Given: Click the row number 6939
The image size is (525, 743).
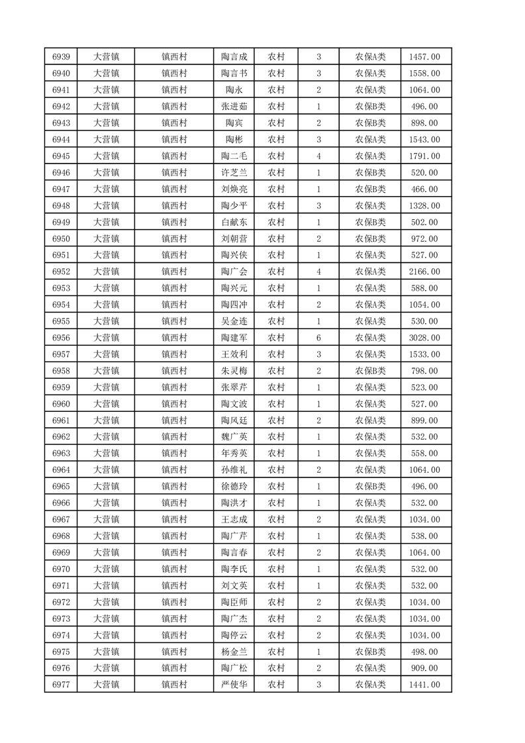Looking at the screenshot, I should (x=61, y=57).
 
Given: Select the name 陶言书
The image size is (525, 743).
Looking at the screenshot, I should (x=234, y=74).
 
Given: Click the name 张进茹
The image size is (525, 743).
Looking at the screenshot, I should (x=234, y=107).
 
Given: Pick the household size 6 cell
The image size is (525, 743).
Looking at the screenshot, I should (x=318, y=338).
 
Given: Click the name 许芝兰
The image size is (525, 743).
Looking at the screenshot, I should (x=234, y=173).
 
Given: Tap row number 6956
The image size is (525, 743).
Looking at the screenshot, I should (x=61, y=338).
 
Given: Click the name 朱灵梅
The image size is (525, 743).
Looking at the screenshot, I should (x=234, y=371).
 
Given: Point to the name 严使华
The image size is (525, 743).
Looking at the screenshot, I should (x=234, y=685).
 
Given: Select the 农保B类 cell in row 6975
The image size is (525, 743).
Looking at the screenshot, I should (x=371, y=652).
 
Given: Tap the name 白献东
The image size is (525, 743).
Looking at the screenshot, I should (x=234, y=223).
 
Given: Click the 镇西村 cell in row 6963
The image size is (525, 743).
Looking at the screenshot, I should (x=175, y=454).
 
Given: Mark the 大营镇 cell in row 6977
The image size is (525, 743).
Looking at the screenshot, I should (x=106, y=685).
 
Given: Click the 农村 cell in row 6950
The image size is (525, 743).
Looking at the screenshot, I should (x=276, y=239).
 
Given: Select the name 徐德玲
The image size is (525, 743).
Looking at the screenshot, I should (x=234, y=487).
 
